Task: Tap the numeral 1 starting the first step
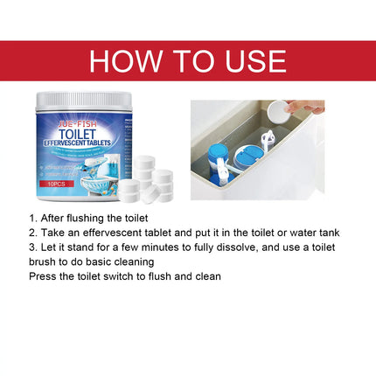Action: (31, 218)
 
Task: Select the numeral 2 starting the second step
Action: (31, 233)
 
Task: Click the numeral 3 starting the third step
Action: (31, 247)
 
